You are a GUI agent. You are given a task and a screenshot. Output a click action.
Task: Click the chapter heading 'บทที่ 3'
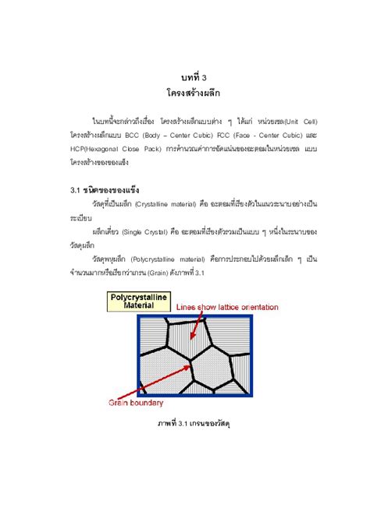[x=184, y=78]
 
